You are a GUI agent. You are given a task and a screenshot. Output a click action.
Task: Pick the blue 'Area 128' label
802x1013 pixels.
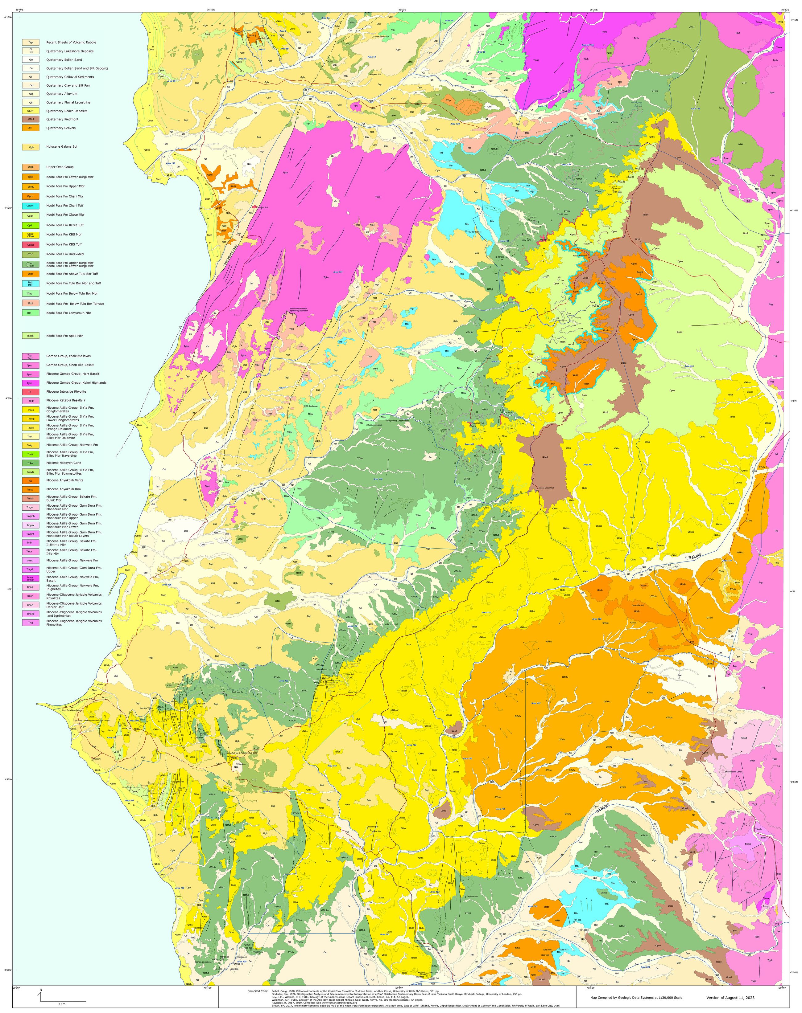(597, 619)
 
